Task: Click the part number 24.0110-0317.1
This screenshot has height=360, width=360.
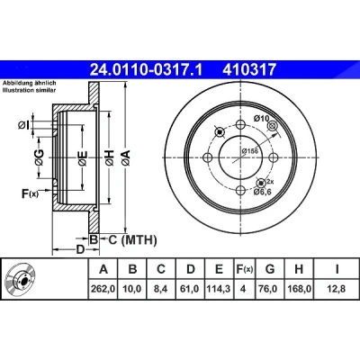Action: pos(147,70)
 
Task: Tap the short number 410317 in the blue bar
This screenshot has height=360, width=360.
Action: pos(248,70)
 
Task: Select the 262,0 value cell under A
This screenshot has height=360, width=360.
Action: pos(103,289)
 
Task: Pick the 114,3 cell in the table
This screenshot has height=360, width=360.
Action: pos(219,289)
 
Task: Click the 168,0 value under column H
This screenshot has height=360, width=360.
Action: pos(299,289)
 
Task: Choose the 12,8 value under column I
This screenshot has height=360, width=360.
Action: pos(337,289)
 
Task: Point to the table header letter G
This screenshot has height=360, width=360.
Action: pos(270,269)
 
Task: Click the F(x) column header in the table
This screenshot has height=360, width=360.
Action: pos(244,269)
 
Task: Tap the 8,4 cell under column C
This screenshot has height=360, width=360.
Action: pos(161,289)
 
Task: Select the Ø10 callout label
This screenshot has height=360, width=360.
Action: pos(261,119)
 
